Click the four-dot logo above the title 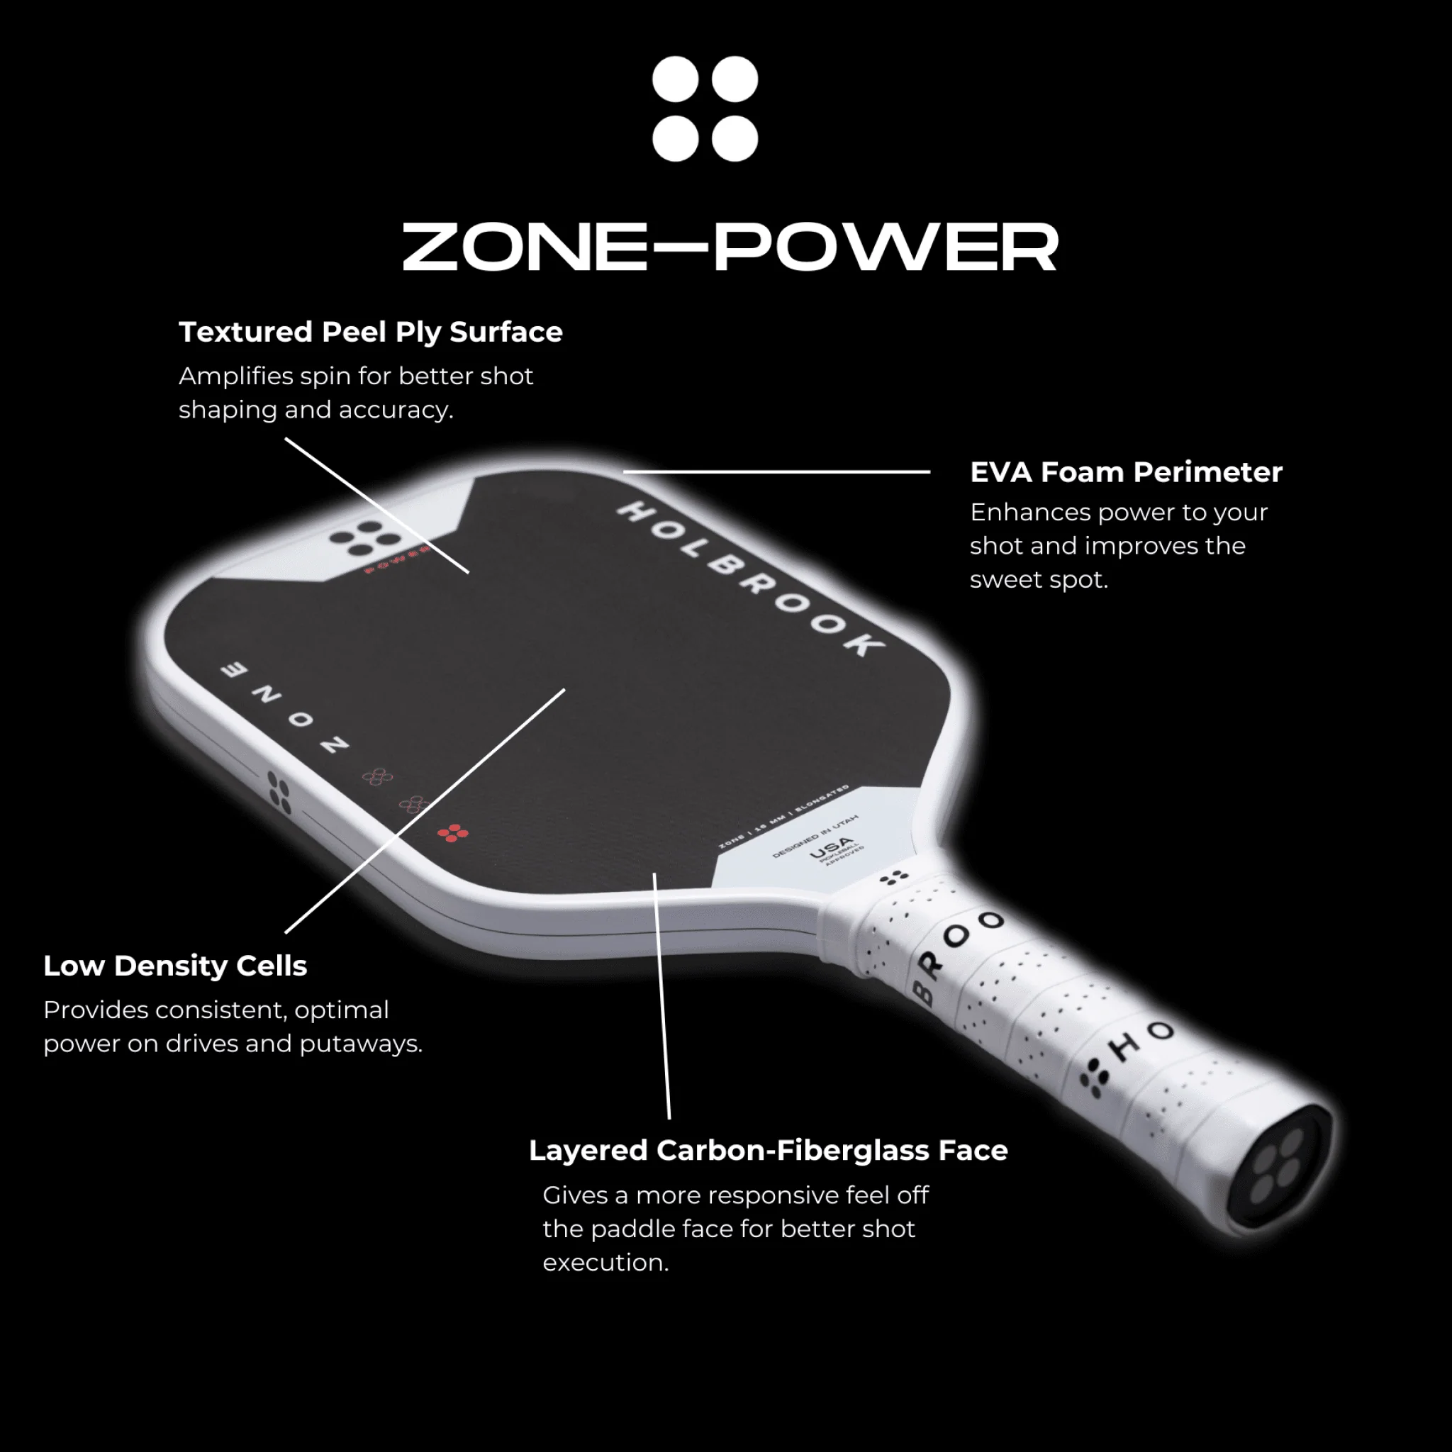coord(705,109)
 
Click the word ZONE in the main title coord(524,247)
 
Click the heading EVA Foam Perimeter coord(1126,473)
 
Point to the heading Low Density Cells coord(175,966)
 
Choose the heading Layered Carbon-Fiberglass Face coord(768,1151)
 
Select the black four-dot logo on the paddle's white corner coord(366,538)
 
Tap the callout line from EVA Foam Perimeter coord(776,472)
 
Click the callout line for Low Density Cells coord(425,810)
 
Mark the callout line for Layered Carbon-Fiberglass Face coord(661,996)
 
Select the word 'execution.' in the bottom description coord(605,1263)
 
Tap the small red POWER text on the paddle coord(397,561)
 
